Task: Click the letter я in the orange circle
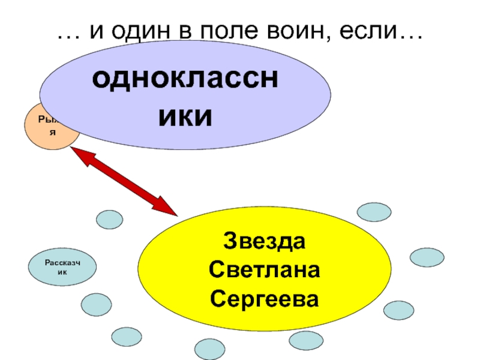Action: click(x=52, y=132)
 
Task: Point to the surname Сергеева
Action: click(x=265, y=298)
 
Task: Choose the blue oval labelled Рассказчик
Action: click(x=62, y=268)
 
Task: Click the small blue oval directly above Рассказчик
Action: click(x=110, y=220)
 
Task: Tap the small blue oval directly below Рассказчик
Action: click(x=96, y=305)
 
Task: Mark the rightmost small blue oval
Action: click(x=427, y=257)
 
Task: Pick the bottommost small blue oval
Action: click(x=210, y=349)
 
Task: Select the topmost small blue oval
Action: click(x=374, y=212)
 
